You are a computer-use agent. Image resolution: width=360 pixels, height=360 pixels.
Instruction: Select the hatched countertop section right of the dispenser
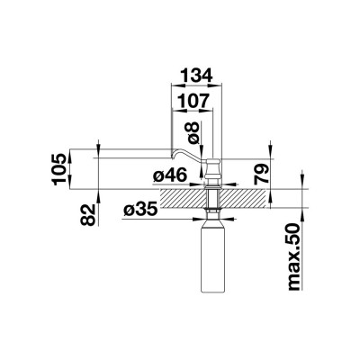point(247,196)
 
